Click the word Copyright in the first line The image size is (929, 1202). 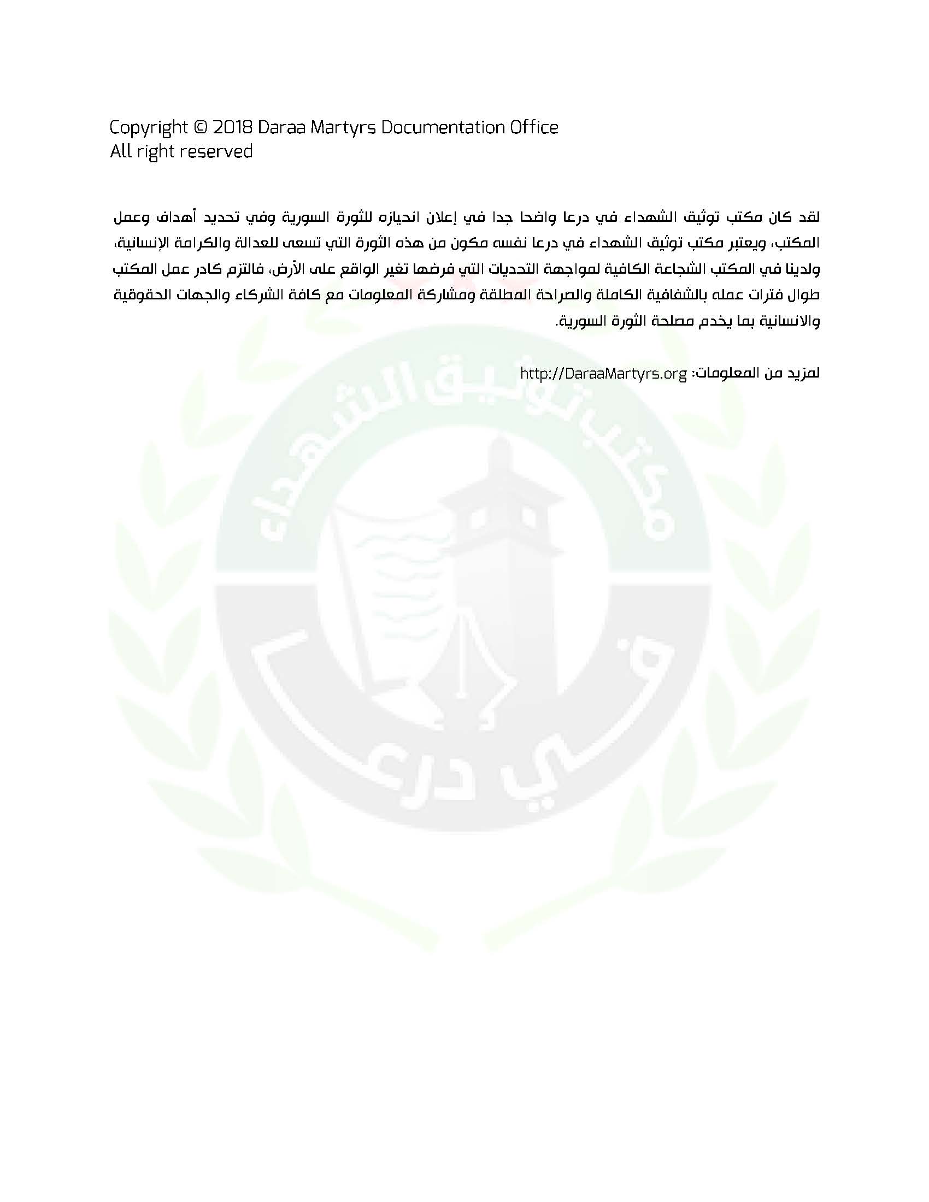[148, 128]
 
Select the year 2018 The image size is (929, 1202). [232, 128]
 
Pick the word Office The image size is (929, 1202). [533, 128]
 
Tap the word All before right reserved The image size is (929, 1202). [120, 151]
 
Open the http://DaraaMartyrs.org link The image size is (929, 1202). [603, 374]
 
